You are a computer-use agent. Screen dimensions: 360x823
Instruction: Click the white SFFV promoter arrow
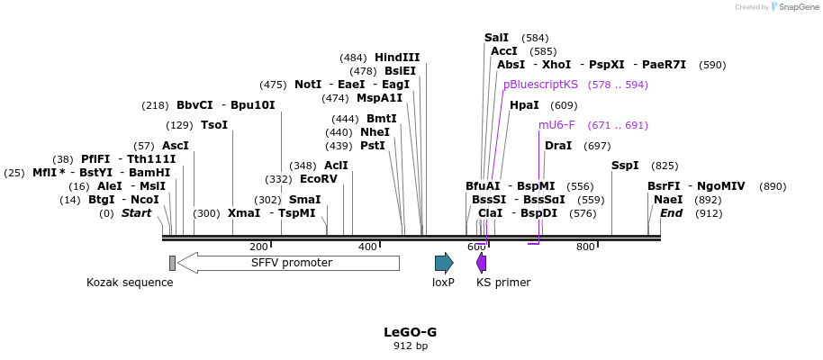(288, 263)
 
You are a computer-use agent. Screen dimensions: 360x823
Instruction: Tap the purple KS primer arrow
(482, 263)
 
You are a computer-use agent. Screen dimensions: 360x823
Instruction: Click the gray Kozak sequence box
(172, 263)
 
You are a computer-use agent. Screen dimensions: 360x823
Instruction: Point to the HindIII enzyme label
(397, 58)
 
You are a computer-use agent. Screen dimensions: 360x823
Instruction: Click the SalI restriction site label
(496, 38)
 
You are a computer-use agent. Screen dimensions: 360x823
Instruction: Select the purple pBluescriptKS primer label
(540, 85)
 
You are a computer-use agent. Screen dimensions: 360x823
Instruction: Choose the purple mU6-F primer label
(556, 125)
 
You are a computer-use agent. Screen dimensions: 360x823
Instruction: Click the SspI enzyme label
(625, 166)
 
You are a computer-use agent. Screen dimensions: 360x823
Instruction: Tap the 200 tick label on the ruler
(258, 247)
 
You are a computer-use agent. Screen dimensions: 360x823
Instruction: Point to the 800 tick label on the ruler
(585, 247)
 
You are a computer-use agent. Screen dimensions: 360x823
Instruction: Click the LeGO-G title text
(411, 331)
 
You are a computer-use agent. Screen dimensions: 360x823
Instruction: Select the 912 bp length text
(411, 346)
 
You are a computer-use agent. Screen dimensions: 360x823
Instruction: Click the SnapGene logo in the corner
(792, 7)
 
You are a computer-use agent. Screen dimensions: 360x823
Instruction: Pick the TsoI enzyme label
(214, 125)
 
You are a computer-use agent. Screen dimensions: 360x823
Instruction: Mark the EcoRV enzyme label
(319, 179)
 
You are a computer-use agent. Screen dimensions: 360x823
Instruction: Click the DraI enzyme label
(558, 146)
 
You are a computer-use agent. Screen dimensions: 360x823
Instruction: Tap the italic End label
(672, 213)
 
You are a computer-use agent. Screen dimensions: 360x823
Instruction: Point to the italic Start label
(137, 213)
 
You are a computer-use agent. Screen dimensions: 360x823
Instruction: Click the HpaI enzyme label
(524, 105)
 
